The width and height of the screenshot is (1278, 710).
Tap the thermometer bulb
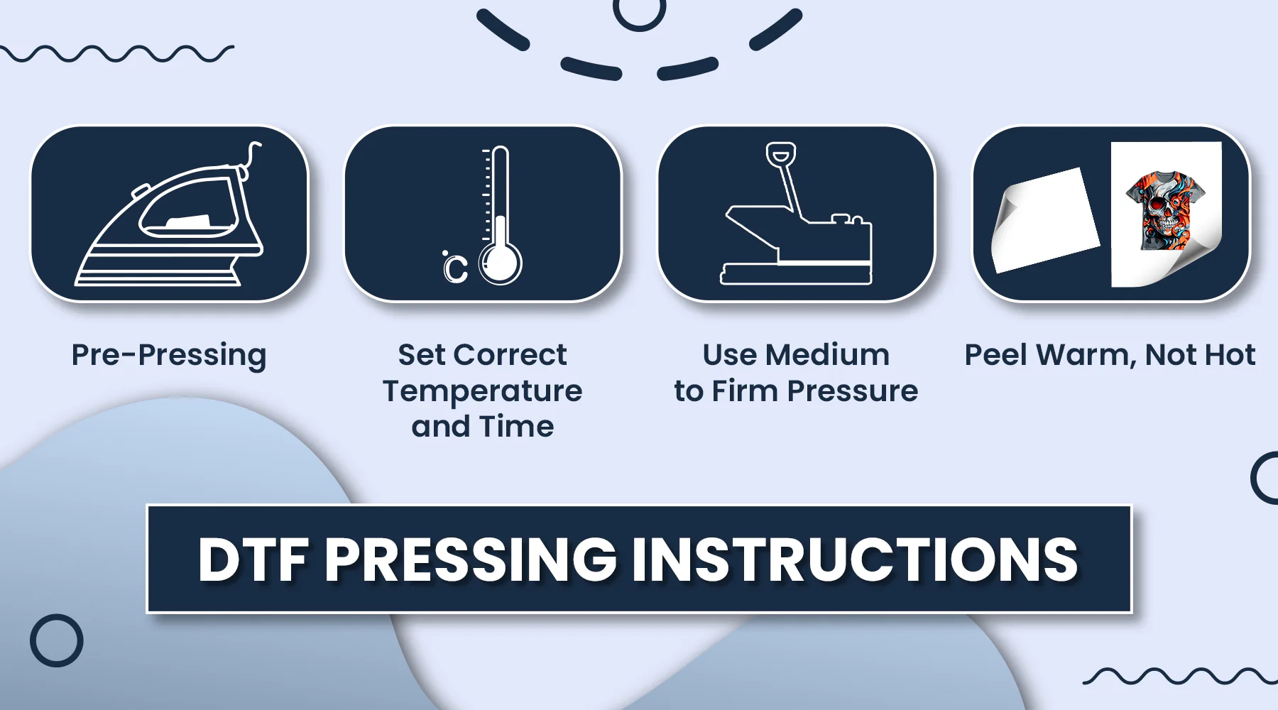[x=501, y=263]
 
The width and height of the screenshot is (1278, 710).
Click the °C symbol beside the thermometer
[x=455, y=267]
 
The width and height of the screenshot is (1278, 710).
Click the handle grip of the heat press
[x=780, y=154]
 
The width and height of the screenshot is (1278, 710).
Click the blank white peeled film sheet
[x=1044, y=220]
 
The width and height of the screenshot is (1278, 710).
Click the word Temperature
[x=483, y=391]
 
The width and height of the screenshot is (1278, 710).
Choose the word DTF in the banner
[x=253, y=559]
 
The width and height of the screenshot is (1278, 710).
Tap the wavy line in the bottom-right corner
[x=1179, y=675]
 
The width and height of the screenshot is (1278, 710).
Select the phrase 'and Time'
[x=483, y=427]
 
